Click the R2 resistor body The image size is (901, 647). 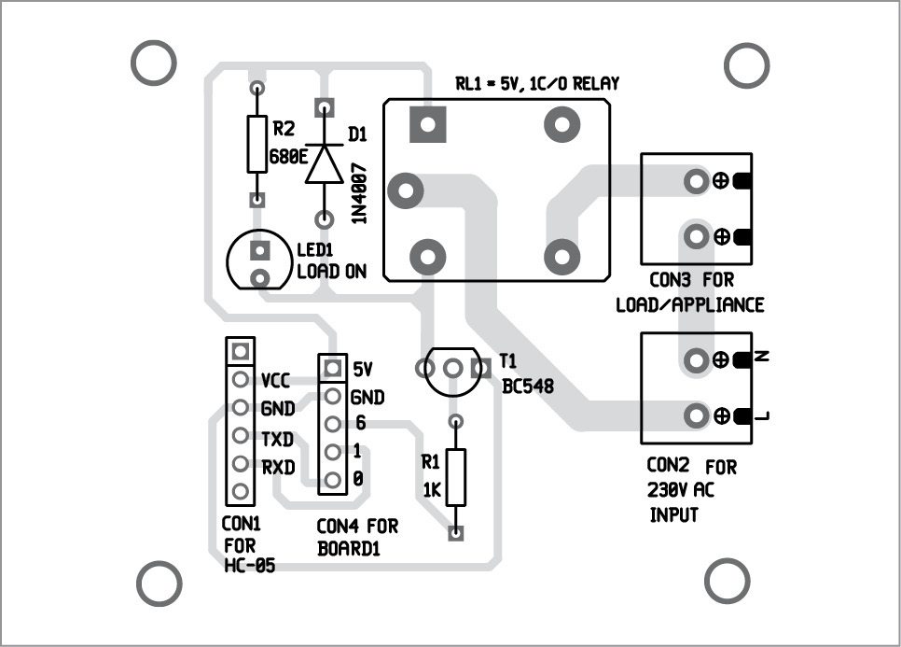tap(256, 145)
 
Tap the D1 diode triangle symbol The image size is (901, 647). tap(325, 164)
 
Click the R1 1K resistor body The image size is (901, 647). tap(455, 477)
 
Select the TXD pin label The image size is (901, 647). tap(278, 437)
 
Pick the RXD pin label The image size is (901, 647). tap(278, 464)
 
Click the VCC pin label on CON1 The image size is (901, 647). tap(278, 381)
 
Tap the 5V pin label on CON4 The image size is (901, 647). tap(363, 368)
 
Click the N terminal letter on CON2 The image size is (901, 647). tap(762, 358)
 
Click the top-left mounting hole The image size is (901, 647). tap(153, 63)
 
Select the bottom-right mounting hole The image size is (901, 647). tap(728, 581)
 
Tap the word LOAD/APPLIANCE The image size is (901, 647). tap(690, 305)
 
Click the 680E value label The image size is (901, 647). tap(289, 157)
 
